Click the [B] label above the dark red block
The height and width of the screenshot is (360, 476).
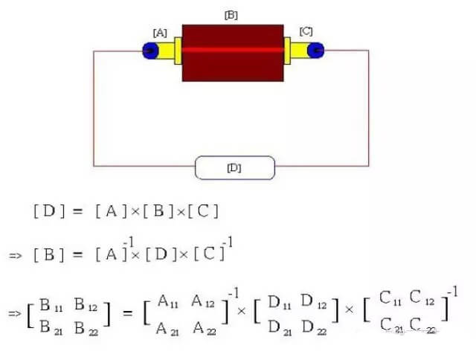pos(231,15)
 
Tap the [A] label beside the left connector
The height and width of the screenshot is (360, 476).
pos(160,33)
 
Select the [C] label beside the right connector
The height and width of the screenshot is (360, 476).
pos(306,31)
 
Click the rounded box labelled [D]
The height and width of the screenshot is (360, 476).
pos(235,168)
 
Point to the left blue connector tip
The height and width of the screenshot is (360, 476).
pos(150,51)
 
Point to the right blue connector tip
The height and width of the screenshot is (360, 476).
pos(315,50)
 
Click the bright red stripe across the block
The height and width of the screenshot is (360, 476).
pos(233,50)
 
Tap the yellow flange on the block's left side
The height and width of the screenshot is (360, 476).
pos(178,51)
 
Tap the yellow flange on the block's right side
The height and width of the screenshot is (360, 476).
pos(287,51)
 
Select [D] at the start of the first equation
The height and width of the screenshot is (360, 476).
pos(49,211)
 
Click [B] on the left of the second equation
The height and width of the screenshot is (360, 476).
pos(49,254)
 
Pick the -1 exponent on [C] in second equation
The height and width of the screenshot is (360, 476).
pos(228,242)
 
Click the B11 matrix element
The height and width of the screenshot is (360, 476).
pos(51,305)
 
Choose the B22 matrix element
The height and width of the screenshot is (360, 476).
pos(86,328)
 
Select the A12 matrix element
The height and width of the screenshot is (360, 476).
pos(203,301)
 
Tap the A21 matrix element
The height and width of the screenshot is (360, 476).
pos(167,329)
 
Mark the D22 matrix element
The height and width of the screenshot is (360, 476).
pos(314,327)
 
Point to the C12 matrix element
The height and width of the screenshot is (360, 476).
pos(422,298)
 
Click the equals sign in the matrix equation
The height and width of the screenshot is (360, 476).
pos(127,313)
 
